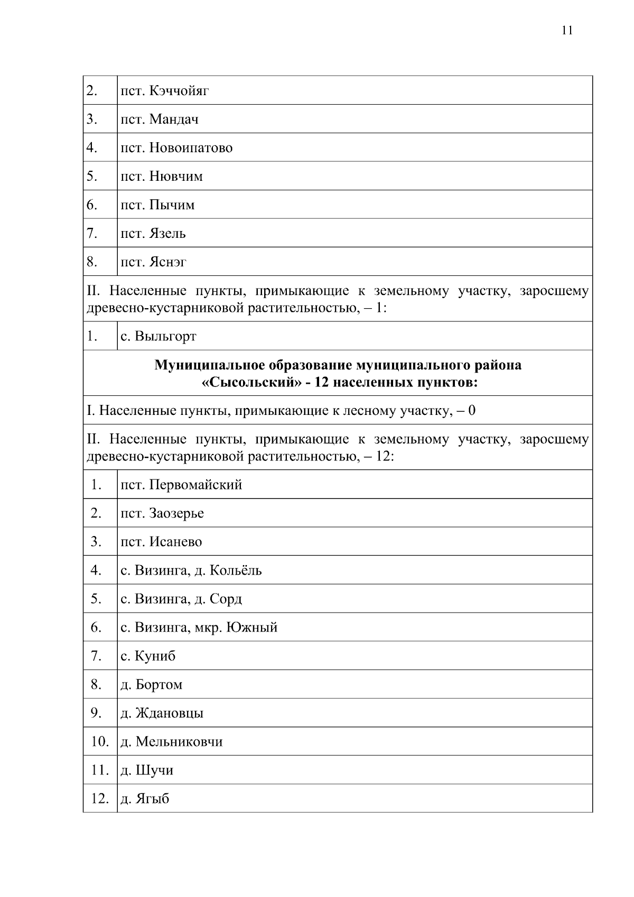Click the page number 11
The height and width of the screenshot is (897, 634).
[567, 30]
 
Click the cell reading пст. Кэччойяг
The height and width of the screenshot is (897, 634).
[164, 91]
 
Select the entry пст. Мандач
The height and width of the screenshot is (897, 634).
[160, 119]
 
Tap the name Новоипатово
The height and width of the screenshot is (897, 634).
[191, 148]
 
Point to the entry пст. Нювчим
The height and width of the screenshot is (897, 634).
[161, 177]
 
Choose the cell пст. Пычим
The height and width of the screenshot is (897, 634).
[157, 205]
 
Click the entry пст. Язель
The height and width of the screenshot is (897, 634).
[153, 234]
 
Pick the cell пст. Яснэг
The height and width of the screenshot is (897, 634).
[153, 262]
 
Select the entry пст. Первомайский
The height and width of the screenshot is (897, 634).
[181, 485]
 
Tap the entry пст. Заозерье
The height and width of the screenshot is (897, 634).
[162, 514]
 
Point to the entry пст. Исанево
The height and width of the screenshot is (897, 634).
[161, 542]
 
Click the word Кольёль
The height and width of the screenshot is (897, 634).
[236, 571]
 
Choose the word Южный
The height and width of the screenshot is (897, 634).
[252, 628]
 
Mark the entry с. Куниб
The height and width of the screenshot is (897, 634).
[148, 656]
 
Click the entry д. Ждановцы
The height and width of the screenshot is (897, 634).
[162, 714]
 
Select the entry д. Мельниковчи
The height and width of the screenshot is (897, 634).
[172, 742]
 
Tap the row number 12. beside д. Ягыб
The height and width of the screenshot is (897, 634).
[100, 799]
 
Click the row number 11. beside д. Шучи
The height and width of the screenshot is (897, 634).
[100, 770]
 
